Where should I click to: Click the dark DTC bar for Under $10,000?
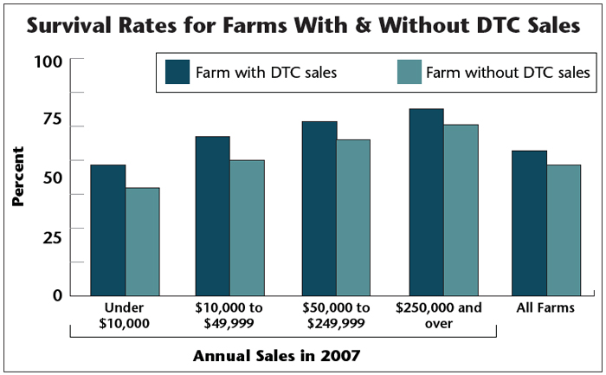tap(108, 230)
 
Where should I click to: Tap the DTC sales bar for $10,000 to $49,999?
tap(212, 216)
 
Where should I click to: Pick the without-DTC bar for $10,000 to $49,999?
tap(247, 227)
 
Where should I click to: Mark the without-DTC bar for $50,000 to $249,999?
tap(353, 217)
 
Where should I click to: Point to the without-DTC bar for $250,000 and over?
tap(461, 210)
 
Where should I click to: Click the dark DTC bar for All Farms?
tap(529, 223)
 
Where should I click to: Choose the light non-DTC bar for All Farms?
tap(564, 230)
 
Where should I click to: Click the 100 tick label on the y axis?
tap(48, 61)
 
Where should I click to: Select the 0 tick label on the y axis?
tap(57, 294)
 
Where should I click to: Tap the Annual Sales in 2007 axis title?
tap(276, 355)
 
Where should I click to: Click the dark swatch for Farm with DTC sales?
tap(177, 72)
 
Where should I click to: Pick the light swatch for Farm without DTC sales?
tap(409, 72)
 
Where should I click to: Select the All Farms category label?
tap(546, 307)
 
